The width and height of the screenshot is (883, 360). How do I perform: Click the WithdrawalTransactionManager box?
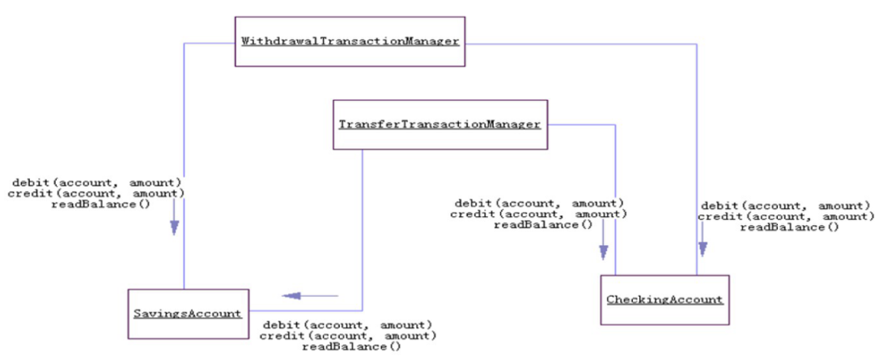350,41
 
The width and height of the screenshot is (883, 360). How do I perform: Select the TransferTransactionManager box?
439,125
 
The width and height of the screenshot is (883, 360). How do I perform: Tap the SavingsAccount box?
188,312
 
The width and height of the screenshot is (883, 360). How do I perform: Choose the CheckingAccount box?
664,299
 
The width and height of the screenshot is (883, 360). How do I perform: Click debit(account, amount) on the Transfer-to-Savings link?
348,324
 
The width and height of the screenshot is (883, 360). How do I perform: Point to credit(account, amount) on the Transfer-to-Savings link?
348,335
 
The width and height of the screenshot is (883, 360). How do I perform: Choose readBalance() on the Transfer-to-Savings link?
351,346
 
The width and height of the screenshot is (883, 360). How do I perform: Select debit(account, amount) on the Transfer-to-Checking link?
539,203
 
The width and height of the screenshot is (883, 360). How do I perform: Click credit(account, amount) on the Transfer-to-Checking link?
539,214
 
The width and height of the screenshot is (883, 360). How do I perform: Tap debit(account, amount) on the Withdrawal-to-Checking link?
786,205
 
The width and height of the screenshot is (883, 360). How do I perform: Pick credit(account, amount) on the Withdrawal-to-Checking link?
786,217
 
